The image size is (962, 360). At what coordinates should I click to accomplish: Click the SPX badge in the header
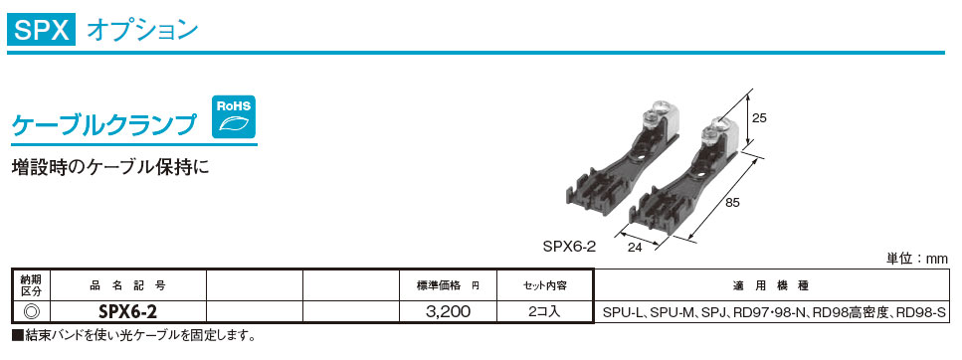click(41, 30)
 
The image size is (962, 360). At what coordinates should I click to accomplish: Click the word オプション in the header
click(142, 30)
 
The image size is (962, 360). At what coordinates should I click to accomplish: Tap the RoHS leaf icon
click(234, 116)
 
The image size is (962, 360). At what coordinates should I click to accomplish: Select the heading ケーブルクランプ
click(104, 124)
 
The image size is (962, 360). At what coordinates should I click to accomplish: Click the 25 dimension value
click(759, 118)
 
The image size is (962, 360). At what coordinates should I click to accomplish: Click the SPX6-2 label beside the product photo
click(569, 247)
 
